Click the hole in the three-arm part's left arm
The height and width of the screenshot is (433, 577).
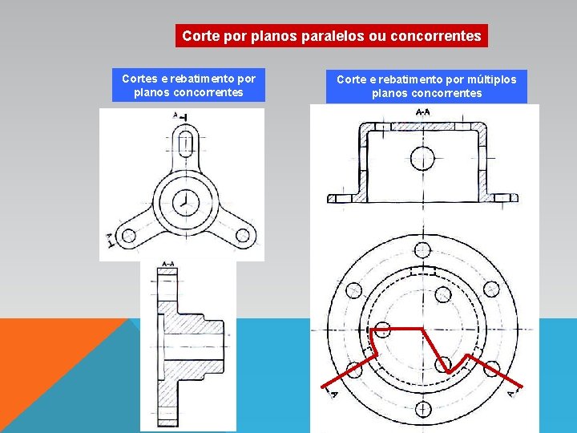[127, 236]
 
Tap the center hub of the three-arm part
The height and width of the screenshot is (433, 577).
[185, 202]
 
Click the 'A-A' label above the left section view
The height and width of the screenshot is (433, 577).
[169, 264]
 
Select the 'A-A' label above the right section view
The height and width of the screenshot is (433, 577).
[422, 113]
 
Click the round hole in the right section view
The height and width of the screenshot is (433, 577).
[424, 158]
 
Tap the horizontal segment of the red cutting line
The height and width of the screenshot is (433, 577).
[397, 329]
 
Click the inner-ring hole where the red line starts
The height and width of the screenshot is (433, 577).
[382, 329]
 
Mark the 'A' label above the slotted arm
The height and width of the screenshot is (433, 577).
[176, 115]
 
